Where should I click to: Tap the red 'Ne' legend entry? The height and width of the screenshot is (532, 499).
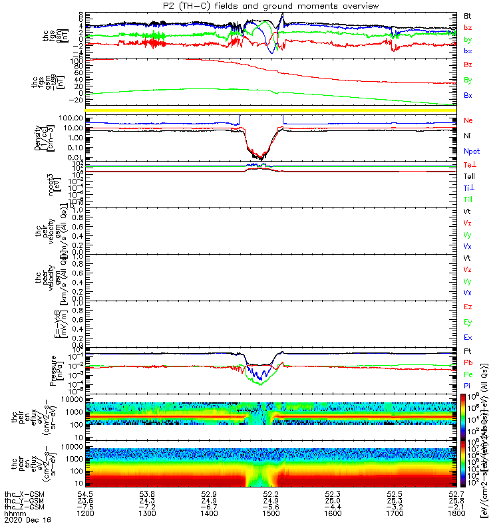click(468, 120)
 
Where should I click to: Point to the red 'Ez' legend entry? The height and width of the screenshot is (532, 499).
click(468, 307)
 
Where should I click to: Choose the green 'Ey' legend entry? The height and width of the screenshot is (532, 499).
click(468, 323)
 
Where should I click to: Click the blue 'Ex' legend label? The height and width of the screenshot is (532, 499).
click(468, 338)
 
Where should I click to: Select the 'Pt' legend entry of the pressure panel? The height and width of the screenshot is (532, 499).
click(468, 350)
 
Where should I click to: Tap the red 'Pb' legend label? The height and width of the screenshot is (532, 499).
click(468, 362)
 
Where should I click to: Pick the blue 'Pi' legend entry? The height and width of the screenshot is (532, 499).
click(468, 386)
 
